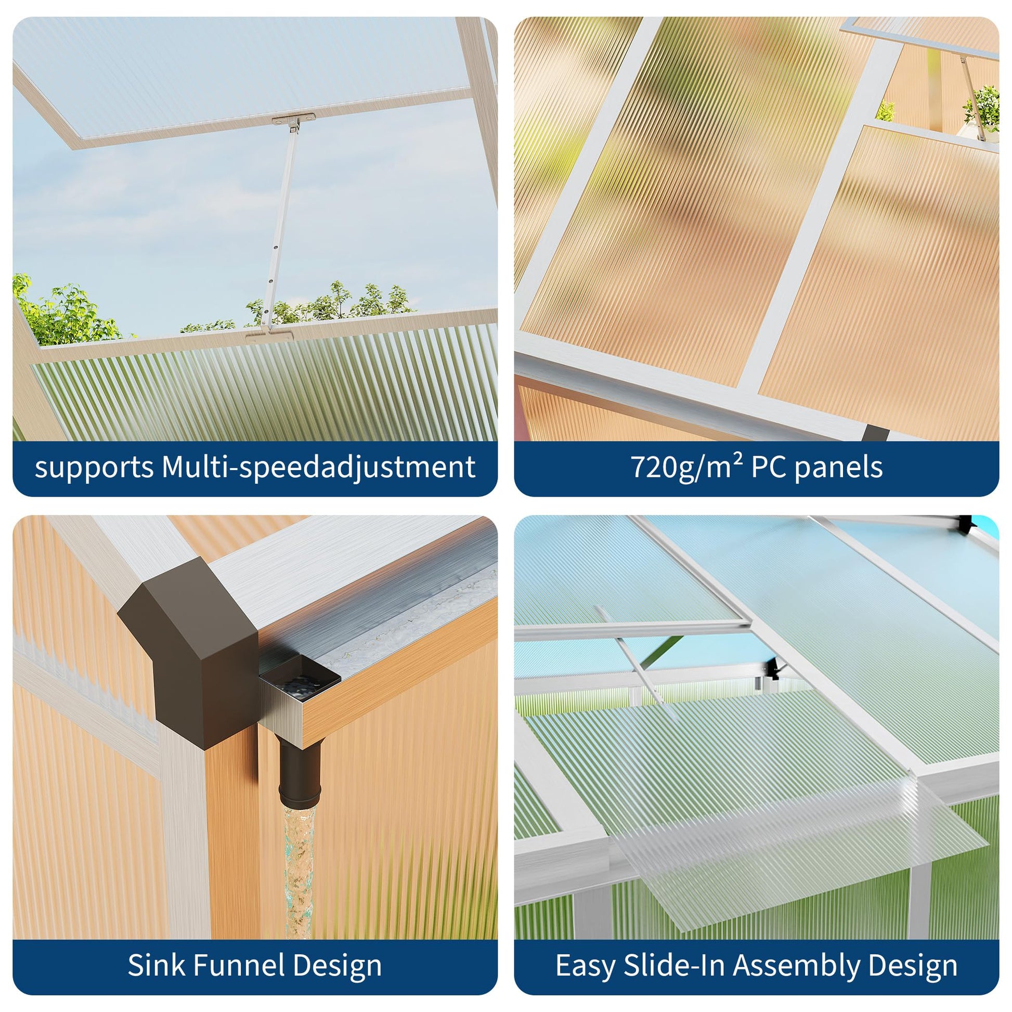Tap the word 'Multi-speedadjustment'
[319, 467]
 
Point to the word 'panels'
[839, 467]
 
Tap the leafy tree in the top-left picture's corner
[66, 312]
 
